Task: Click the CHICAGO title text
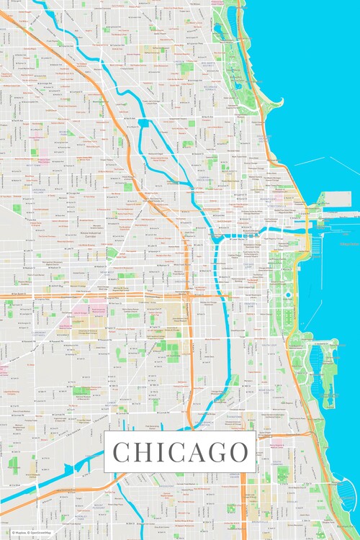(x=180, y=452)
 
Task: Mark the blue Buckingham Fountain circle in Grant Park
(x=288, y=294)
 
